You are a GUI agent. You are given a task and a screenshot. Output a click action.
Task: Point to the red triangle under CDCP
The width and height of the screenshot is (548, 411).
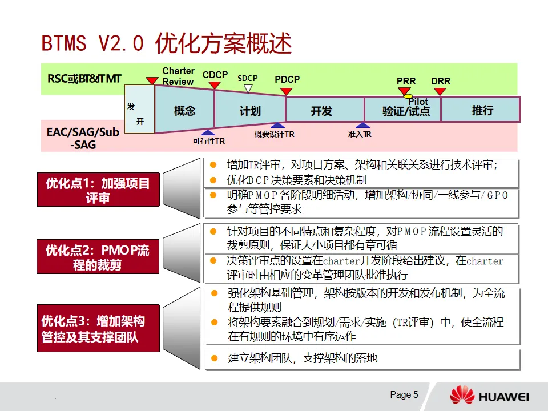(215, 85)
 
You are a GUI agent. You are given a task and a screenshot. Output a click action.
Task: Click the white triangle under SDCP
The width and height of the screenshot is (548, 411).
(248, 88)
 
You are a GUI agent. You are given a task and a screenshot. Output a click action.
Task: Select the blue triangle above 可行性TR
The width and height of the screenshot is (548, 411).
(208, 133)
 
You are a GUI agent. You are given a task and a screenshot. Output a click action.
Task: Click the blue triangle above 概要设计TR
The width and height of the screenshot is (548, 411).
(277, 126)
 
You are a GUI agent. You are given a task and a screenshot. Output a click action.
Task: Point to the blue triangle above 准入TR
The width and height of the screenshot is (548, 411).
(362, 126)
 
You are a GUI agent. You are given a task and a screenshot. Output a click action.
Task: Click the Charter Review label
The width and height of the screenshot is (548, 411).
(178, 76)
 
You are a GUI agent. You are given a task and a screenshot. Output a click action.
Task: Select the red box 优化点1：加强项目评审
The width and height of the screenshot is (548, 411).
(98, 191)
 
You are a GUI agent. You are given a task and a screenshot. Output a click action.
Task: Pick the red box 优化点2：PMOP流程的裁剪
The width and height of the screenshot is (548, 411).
(98, 257)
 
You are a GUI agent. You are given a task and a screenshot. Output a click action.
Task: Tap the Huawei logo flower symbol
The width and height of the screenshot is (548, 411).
(462, 395)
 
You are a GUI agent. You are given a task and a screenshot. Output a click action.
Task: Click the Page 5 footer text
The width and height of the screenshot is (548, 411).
(404, 394)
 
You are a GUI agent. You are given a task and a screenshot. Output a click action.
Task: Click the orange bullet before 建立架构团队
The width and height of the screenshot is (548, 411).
(214, 358)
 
